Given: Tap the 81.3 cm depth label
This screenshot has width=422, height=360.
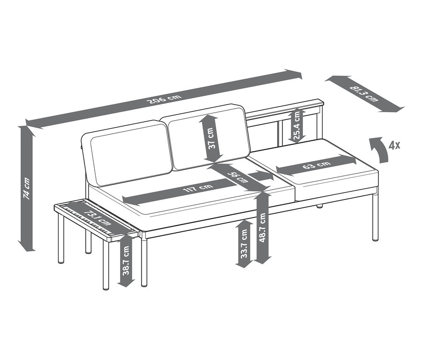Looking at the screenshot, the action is (364, 93).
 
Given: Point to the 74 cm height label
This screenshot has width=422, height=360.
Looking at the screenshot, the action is (27, 188).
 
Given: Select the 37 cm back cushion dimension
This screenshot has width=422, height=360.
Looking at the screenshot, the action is (212, 138).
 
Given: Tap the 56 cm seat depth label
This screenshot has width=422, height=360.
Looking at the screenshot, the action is (238, 177).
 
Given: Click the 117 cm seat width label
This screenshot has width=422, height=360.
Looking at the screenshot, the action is (198, 188).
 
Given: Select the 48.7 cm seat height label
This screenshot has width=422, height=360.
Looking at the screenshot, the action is (263, 227).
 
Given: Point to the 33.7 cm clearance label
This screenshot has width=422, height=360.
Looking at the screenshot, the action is (244, 243).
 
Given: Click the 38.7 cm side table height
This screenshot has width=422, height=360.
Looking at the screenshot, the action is (126, 260).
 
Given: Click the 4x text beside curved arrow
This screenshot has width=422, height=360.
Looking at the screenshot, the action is (394, 146).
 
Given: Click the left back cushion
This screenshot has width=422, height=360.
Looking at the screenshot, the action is (127, 154).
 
